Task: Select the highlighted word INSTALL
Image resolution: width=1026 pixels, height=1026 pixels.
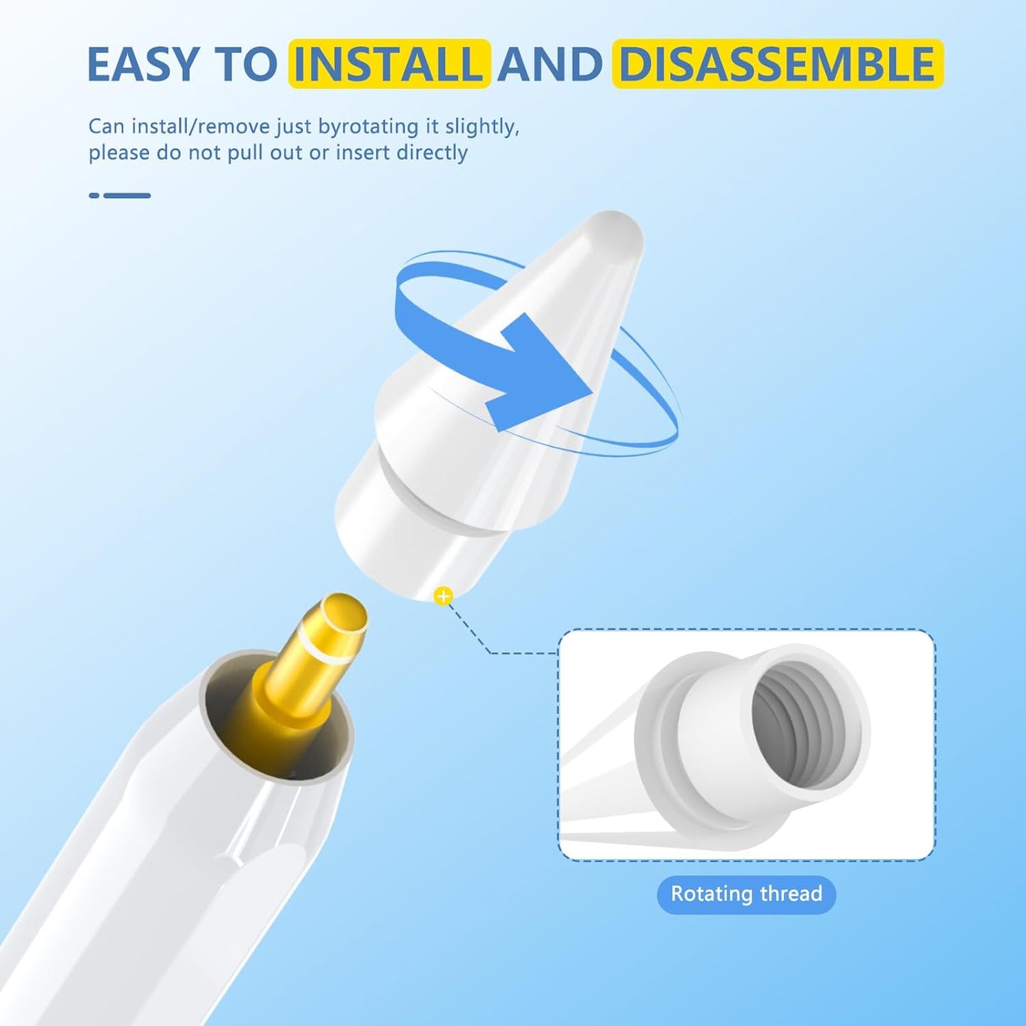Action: pos(389,64)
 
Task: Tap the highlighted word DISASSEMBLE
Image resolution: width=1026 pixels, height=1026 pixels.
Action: pos(778,64)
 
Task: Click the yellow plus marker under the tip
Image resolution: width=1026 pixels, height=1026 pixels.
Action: pos(443,596)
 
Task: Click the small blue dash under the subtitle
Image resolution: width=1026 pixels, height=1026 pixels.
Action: pos(94,195)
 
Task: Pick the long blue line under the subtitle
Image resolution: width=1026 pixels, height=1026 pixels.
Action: pos(127,195)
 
